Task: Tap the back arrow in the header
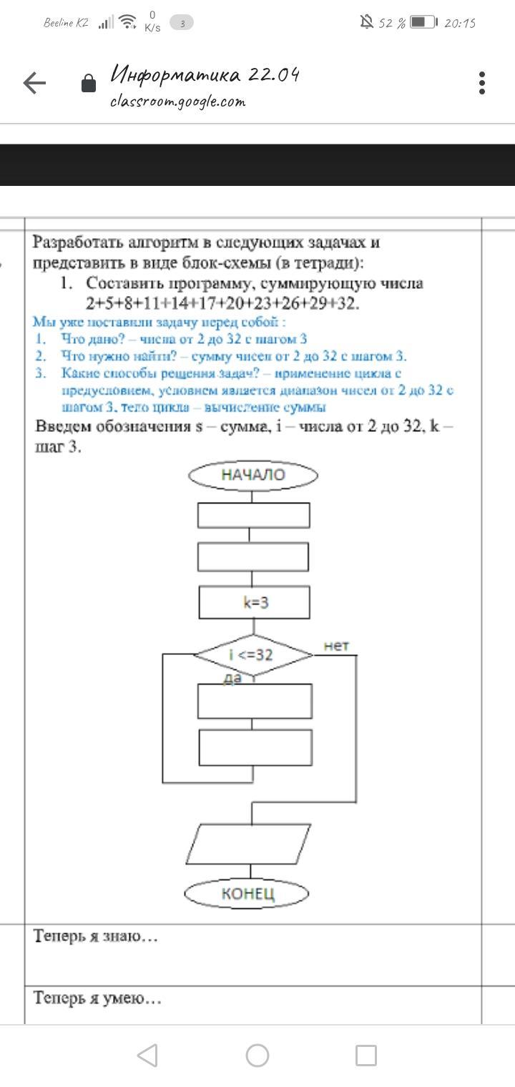pyautogui.click(x=34, y=84)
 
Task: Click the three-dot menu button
pyautogui.click(x=482, y=83)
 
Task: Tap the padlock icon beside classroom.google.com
pyautogui.click(x=89, y=84)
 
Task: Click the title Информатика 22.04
pyautogui.click(x=205, y=74)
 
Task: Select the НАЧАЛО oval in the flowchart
pyautogui.click(x=253, y=475)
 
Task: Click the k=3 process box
pyautogui.click(x=255, y=603)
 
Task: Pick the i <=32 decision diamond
pyautogui.click(x=252, y=654)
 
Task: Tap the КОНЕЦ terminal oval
pyautogui.click(x=247, y=893)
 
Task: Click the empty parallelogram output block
pyautogui.click(x=249, y=844)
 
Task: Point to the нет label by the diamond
pyautogui.click(x=336, y=646)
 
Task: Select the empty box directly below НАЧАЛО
pyautogui.click(x=254, y=515)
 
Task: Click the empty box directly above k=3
pyautogui.click(x=254, y=557)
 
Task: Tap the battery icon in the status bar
pyautogui.click(x=423, y=22)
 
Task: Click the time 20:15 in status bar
pyautogui.click(x=460, y=23)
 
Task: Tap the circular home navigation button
pyautogui.click(x=257, y=1055)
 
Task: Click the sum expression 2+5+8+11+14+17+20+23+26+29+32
pyautogui.click(x=222, y=303)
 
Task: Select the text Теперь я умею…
pyautogui.click(x=97, y=998)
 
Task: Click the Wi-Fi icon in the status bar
pyautogui.click(x=128, y=22)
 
